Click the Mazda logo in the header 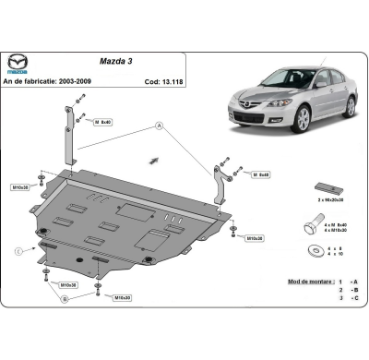[x=19, y=62]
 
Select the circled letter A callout [x=159, y=125]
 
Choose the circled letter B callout [x=64, y=299]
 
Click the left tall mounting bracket [x=68, y=138]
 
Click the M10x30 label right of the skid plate [x=254, y=238]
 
